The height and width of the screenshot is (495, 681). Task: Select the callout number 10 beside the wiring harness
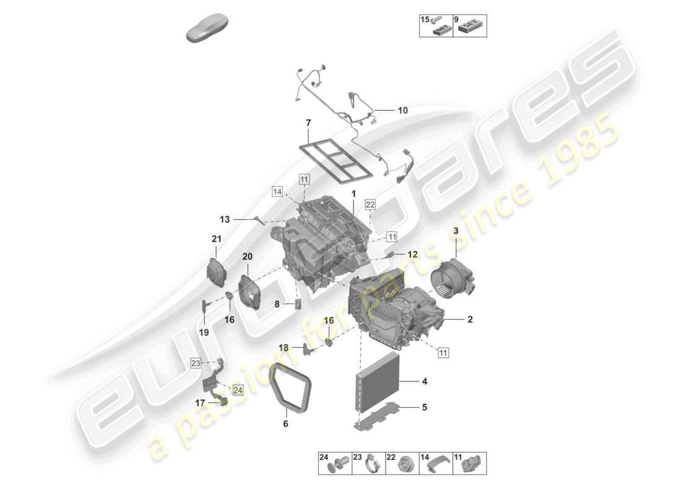pyautogui.click(x=402, y=111)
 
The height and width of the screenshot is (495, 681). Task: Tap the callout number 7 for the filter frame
pyautogui.click(x=308, y=124)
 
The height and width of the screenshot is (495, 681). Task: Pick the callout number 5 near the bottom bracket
pyautogui.click(x=424, y=407)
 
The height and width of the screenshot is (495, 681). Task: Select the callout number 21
pyautogui.click(x=215, y=239)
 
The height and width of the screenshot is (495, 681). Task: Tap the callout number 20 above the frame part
pyautogui.click(x=248, y=257)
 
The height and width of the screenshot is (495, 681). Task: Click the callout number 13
pyautogui.click(x=224, y=219)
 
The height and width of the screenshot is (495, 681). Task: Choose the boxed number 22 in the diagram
pyautogui.click(x=370, y=205)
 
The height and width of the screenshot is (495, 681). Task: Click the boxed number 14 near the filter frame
pyautogui.click(x=277, y=192)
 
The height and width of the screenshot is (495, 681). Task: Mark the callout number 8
pyautogui.click(x=277, y=304)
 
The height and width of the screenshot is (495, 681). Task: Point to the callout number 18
pyautogui.click(x=283, y=348)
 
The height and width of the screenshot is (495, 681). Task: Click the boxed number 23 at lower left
pyautogui.click(x=196, y=363)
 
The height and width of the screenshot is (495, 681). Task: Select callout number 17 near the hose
pyautogui.click(x=200, y=402)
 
